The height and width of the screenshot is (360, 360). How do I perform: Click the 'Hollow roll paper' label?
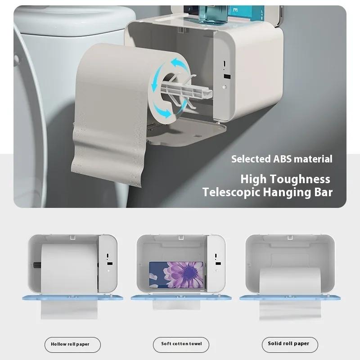pos(72,344)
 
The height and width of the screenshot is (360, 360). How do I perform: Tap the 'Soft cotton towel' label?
pos(181,344)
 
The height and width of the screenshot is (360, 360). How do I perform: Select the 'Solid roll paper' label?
pos(289,344)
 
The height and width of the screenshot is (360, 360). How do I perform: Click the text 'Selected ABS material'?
pos(282,159)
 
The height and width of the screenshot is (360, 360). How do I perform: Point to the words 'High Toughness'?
pos(285,179)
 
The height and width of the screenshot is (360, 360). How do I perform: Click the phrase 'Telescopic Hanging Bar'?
pos(267,193)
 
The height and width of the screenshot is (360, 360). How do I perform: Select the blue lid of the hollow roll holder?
pos(72,297)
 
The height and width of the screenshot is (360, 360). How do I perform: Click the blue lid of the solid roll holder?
pos(289,297)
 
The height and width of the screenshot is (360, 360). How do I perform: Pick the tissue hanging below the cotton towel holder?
pos(176,305)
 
